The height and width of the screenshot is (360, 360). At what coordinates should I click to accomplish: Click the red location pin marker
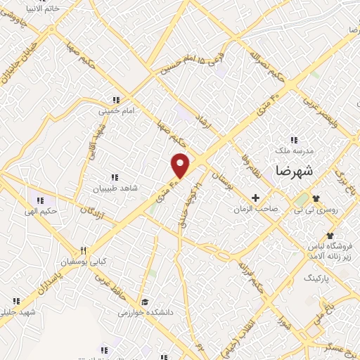click(x=181, y=165)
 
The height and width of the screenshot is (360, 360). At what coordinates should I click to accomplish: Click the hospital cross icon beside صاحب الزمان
click(x=256, y=198)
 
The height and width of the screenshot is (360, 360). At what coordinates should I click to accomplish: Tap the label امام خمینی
click(x=114, y=110)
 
